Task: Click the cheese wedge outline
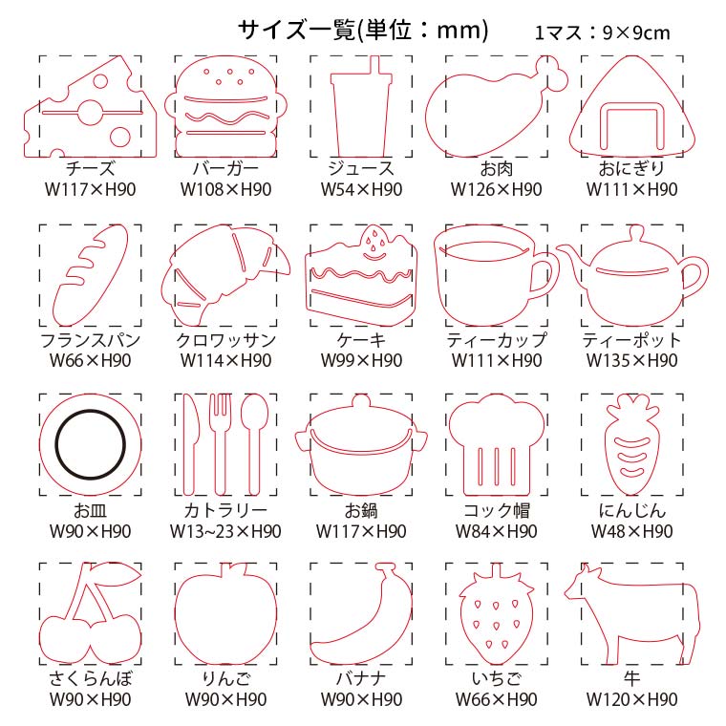click(x=91, y=106)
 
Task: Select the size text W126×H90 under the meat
click(x=497, y=189)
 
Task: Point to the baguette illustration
click(x=91, y=275)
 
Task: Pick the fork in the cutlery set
click(x=221, y=443)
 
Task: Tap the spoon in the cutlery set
click(x=255, y=443)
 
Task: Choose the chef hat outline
click(x=497, y=444)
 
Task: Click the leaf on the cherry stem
click(x=118, y=574)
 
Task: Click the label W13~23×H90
click(x=225, y=531)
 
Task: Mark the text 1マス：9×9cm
click(x=602, y=32)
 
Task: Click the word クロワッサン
click(x=226, y=341)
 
